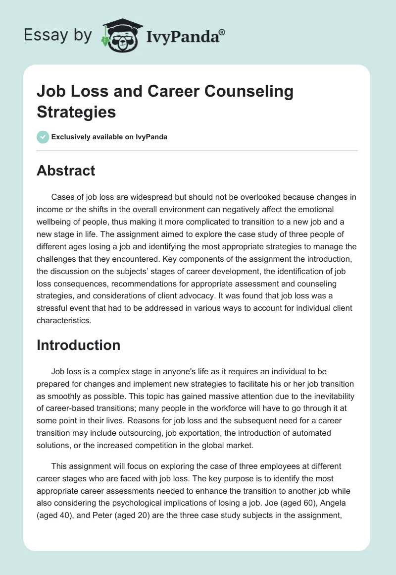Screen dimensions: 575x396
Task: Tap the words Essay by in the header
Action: (58, 35)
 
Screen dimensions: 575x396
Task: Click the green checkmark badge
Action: (43, 137)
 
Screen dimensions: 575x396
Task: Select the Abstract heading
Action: (66, 171)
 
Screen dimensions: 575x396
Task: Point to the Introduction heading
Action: (78, 345)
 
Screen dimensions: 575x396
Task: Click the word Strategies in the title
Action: (76, 112)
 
